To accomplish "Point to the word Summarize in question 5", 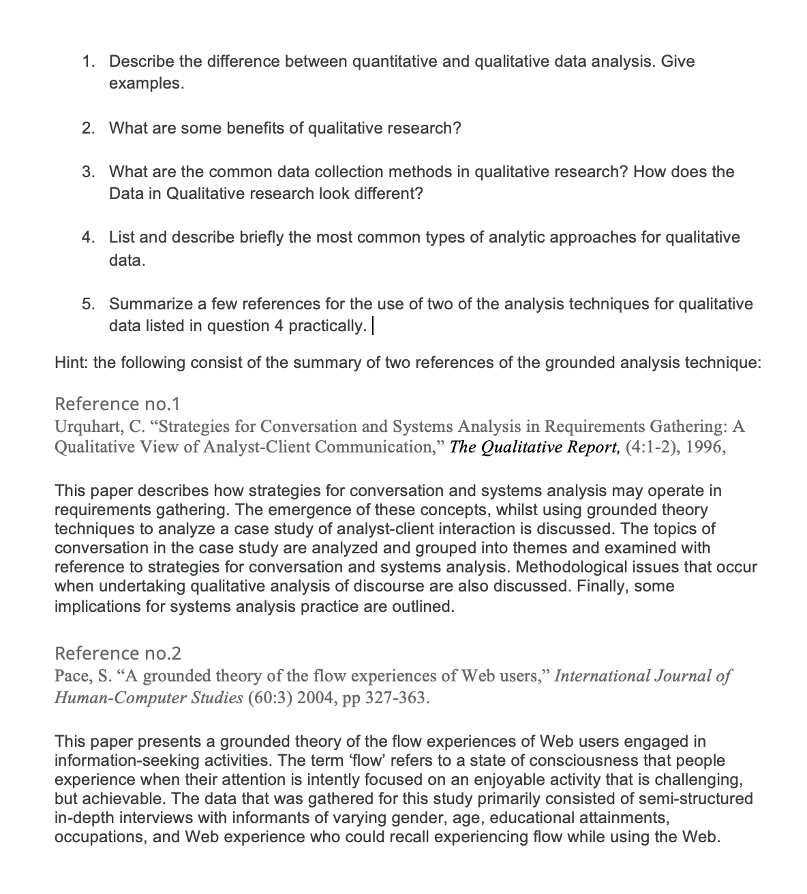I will click(151, 304).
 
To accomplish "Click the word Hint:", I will click(71, 363).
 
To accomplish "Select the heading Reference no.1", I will click(117, 404).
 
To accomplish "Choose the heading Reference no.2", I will click(117, 653).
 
